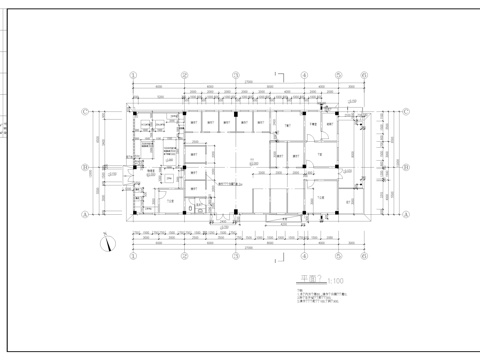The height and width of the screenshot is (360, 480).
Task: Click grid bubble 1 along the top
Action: [132, 74]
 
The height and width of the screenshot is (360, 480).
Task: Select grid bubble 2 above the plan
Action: [183, 74]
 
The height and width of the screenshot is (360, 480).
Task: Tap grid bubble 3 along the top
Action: [235, 74]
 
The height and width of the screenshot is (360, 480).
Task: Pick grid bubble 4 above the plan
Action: [287, 74]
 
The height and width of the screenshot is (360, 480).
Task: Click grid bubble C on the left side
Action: [86, 112]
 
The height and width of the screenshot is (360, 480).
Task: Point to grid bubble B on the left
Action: [86, 167]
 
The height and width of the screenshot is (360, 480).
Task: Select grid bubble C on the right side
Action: [408, 112]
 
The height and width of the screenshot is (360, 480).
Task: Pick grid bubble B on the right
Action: [408, 167]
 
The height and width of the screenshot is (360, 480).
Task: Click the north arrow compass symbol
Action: [108, 241]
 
